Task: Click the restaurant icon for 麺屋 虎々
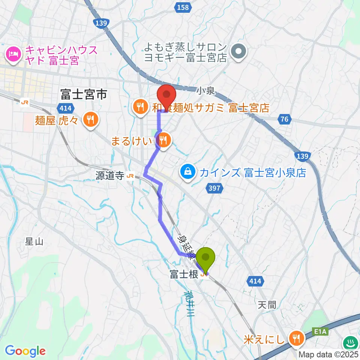[90, 120]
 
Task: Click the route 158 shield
[183, 6]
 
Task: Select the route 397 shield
[214, 188]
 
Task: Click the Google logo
[25, 351]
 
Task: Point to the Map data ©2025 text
[328, 354]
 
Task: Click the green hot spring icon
[351, 343]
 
